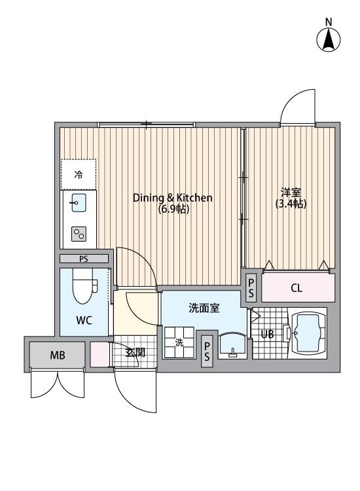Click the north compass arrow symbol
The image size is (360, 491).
329,40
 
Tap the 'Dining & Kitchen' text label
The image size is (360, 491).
173,198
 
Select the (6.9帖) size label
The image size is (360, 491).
173,209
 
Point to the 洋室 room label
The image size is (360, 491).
291,192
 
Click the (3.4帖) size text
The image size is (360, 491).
291,204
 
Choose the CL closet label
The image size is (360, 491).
297,288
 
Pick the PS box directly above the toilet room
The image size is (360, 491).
84,259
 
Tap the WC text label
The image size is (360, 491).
83,321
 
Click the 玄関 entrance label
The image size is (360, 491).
135,352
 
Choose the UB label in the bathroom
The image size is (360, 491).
267,334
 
